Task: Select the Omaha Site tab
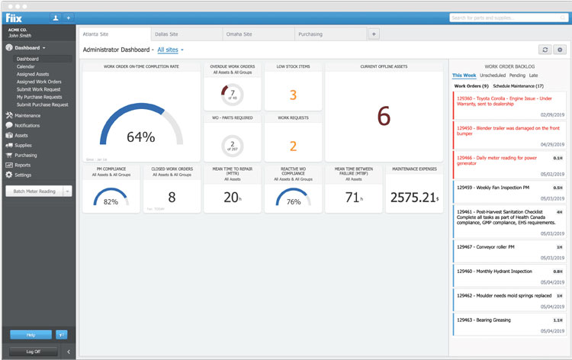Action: pos(238,34)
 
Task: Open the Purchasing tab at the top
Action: pos(310,34)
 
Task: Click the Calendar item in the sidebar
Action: pos(26,66)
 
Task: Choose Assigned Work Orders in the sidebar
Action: pos(39,82)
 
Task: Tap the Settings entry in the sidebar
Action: pos(24,175)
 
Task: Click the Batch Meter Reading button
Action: pos(33,191)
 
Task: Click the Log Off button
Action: pos(33,352)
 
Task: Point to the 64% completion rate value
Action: pos(140,137)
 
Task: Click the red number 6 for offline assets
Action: pos(384,115)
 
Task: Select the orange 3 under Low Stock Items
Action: pos(293,95)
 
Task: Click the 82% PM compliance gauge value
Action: pos(111,202)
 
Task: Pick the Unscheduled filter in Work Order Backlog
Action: pos(493,76)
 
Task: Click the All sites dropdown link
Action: pos(169,50)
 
